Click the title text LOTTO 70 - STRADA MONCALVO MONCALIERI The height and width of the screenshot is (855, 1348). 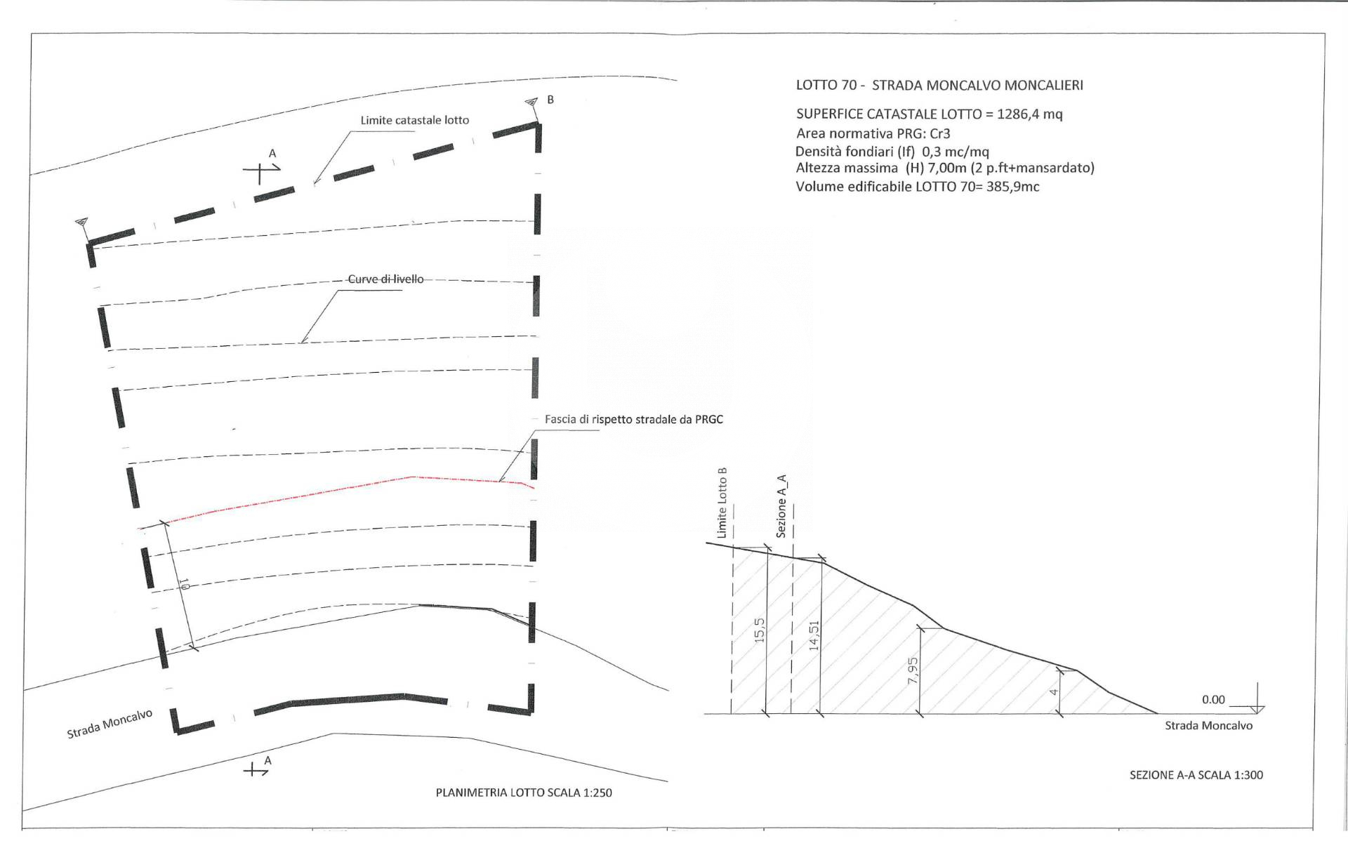point(939,86)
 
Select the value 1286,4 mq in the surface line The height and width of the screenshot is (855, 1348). point(1029,114)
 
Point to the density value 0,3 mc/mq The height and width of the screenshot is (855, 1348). point(955,152)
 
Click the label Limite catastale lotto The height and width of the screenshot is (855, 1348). point(414,120)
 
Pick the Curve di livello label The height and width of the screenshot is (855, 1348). point(385,279)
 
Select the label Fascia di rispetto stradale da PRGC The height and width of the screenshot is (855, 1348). point(633,420)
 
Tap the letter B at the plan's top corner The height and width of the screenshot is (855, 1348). point(550,100)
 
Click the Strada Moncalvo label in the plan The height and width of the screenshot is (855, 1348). point(110,724)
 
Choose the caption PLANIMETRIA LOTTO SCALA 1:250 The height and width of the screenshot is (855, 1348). point(524,793)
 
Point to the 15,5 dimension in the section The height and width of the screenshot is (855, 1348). point(758,630)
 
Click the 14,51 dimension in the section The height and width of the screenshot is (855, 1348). point(814,635)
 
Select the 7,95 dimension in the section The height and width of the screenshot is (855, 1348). point(912,670)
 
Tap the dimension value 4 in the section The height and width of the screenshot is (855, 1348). point(1053,692)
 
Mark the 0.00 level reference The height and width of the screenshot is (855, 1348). point(1212,700)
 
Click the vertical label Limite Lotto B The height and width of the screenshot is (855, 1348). point(722,503)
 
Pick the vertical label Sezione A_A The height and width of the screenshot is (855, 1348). point(781,506)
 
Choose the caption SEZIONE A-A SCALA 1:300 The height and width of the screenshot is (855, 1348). point(1196,775)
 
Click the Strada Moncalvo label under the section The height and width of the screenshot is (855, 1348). point(1208,726)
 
